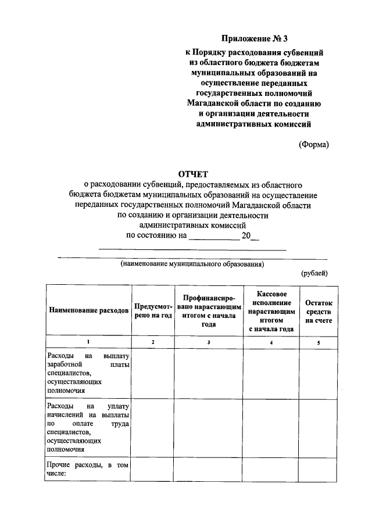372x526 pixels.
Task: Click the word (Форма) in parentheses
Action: (314, 144)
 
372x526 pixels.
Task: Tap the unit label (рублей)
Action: (314, 273)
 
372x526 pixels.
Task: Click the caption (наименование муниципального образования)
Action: (192, 264)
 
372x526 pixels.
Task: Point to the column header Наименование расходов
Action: (88, 311)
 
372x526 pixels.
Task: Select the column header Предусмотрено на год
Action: (153, 311)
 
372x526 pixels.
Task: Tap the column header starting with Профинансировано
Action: (208, 311)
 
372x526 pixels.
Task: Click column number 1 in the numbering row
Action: (88, 342)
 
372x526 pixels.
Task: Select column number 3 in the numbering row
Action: (208, 342)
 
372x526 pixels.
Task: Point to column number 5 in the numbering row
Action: (318, 342)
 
